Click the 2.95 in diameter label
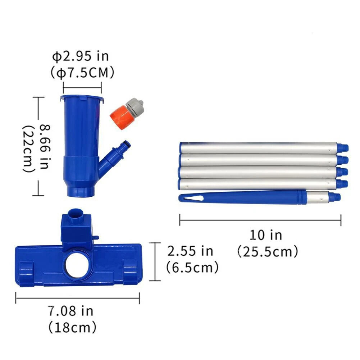coord(81,56)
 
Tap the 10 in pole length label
coord(266,235)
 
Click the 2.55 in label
coord(190,251)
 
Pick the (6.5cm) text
coord(192,267)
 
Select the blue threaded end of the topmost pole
coord(343,147)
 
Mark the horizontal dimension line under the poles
coord(260,220)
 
